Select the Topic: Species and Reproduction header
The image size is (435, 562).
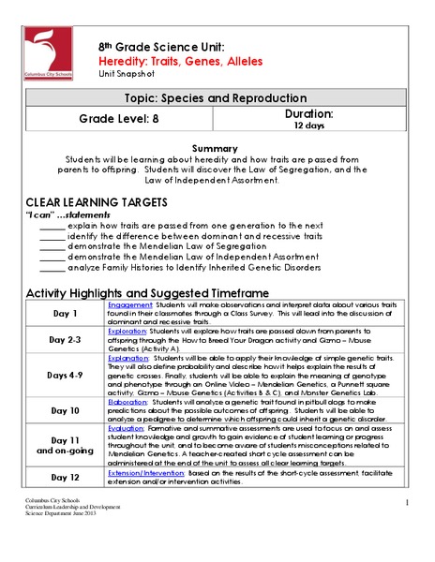217,97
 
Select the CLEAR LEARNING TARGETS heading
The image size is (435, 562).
97,202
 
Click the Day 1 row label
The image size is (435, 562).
63,312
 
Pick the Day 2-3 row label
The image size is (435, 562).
63,340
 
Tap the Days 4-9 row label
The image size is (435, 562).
63,376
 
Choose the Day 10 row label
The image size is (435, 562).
63,410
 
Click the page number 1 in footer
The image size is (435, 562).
409,504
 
